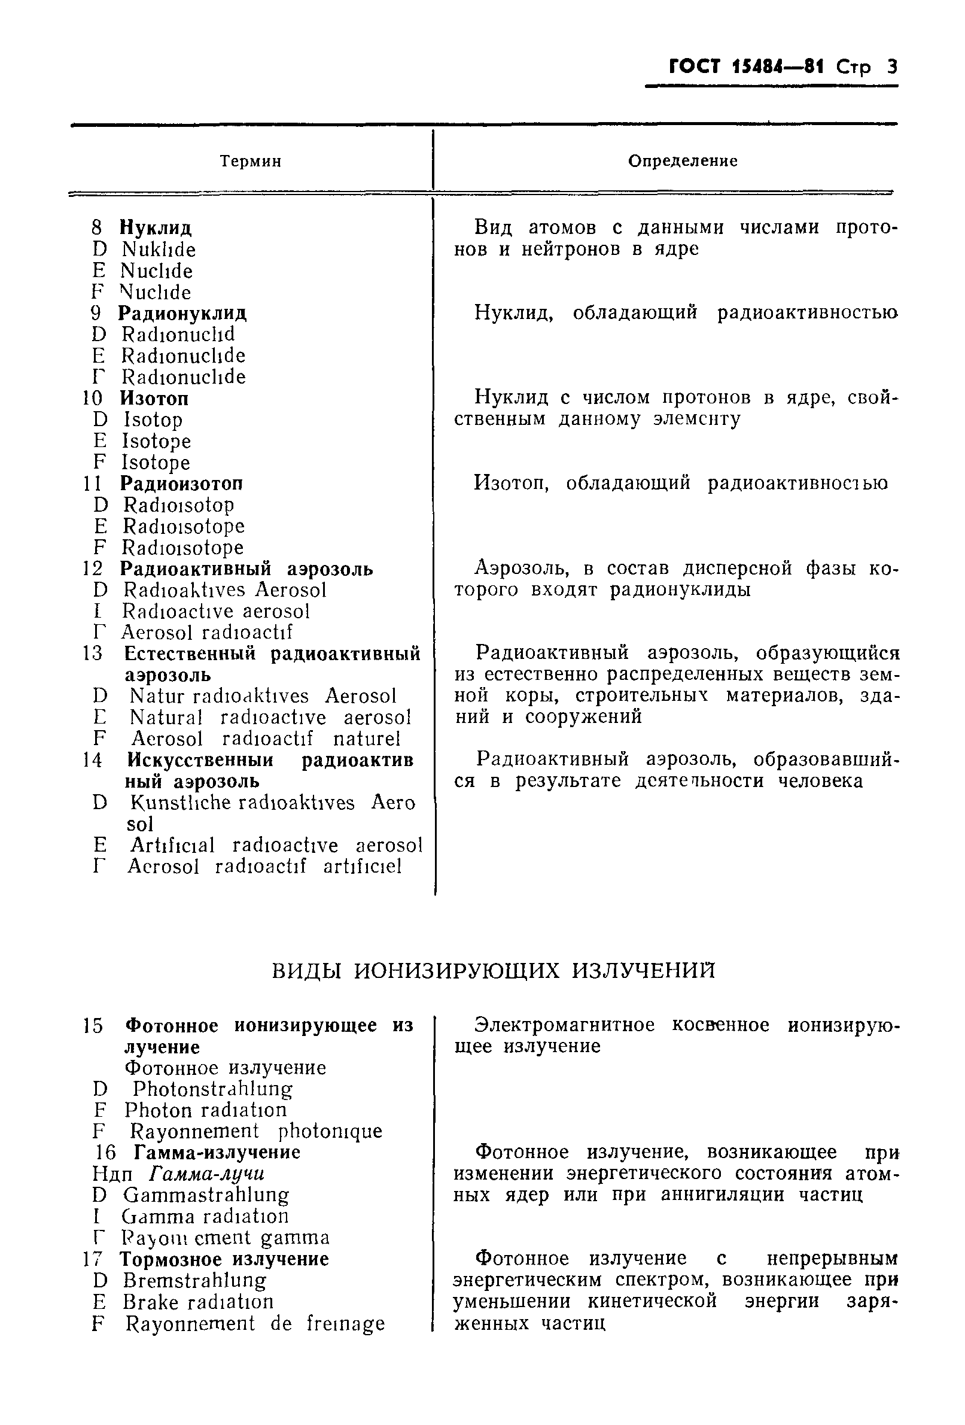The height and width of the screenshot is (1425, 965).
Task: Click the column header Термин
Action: (250, 161)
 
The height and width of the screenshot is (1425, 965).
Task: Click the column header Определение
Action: (683, 161)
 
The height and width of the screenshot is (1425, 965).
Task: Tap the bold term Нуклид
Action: (155, 228)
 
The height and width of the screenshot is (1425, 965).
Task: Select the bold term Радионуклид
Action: (182, 314)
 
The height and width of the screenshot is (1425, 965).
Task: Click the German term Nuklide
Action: (158, 250)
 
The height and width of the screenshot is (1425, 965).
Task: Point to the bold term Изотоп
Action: (154, 399)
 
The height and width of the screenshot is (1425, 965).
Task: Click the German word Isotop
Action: (153, 420)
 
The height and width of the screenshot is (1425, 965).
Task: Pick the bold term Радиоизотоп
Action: (181, 484)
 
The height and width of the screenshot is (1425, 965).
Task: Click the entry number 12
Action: (93, 569)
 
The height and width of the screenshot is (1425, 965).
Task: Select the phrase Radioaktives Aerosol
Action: (224, 590)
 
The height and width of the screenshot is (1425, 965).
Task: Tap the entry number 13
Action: (93, 654)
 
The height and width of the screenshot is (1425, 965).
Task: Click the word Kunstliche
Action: (179, 803)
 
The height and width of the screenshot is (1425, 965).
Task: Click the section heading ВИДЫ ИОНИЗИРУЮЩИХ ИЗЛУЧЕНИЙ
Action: (493, 971)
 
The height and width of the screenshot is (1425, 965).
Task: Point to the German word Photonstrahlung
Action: (212, 1089)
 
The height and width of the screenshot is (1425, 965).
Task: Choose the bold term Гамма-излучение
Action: (217, 1153)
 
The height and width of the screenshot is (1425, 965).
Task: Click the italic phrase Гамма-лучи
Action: (206, 1174)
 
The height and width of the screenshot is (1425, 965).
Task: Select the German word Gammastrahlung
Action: (205, 1195)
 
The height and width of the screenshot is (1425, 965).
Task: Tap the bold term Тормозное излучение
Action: (224, 1259)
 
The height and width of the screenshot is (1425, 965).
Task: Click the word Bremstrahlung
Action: (194, 1280)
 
